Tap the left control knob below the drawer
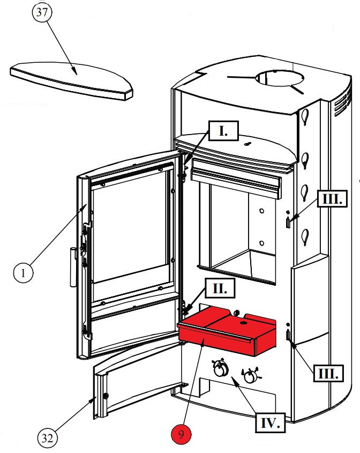point(219,369)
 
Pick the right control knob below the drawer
point(250,376)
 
